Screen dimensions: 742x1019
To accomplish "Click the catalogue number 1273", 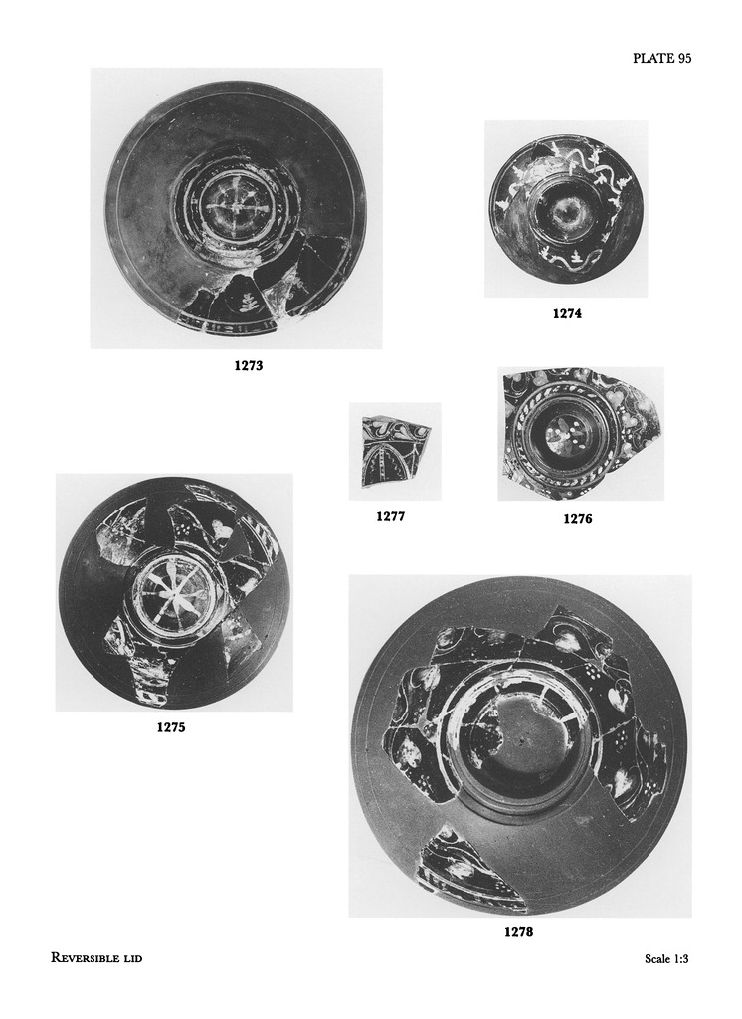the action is click(249, 366).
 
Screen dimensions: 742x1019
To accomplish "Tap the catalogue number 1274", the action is click(567, 313).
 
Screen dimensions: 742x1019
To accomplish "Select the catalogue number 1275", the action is click(171, 727).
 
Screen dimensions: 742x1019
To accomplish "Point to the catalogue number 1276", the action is click(578, 519).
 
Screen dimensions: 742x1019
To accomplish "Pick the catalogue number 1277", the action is click(391, 516).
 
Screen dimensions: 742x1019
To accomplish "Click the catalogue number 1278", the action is click(518, 932).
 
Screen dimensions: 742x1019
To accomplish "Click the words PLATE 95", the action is click(662, 58).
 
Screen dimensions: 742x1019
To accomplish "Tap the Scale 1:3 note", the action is click(666, 958).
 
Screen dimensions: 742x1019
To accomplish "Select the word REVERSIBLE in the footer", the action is click(84, 958).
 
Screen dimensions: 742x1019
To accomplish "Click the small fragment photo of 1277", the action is click(395, 451).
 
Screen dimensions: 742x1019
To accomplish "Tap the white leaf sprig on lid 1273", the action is click(247, 303).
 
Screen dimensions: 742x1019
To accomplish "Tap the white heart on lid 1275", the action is click(224, 529).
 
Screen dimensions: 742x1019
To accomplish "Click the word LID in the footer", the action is click(132, 958).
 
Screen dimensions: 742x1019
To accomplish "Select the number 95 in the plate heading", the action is click(683, 58).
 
